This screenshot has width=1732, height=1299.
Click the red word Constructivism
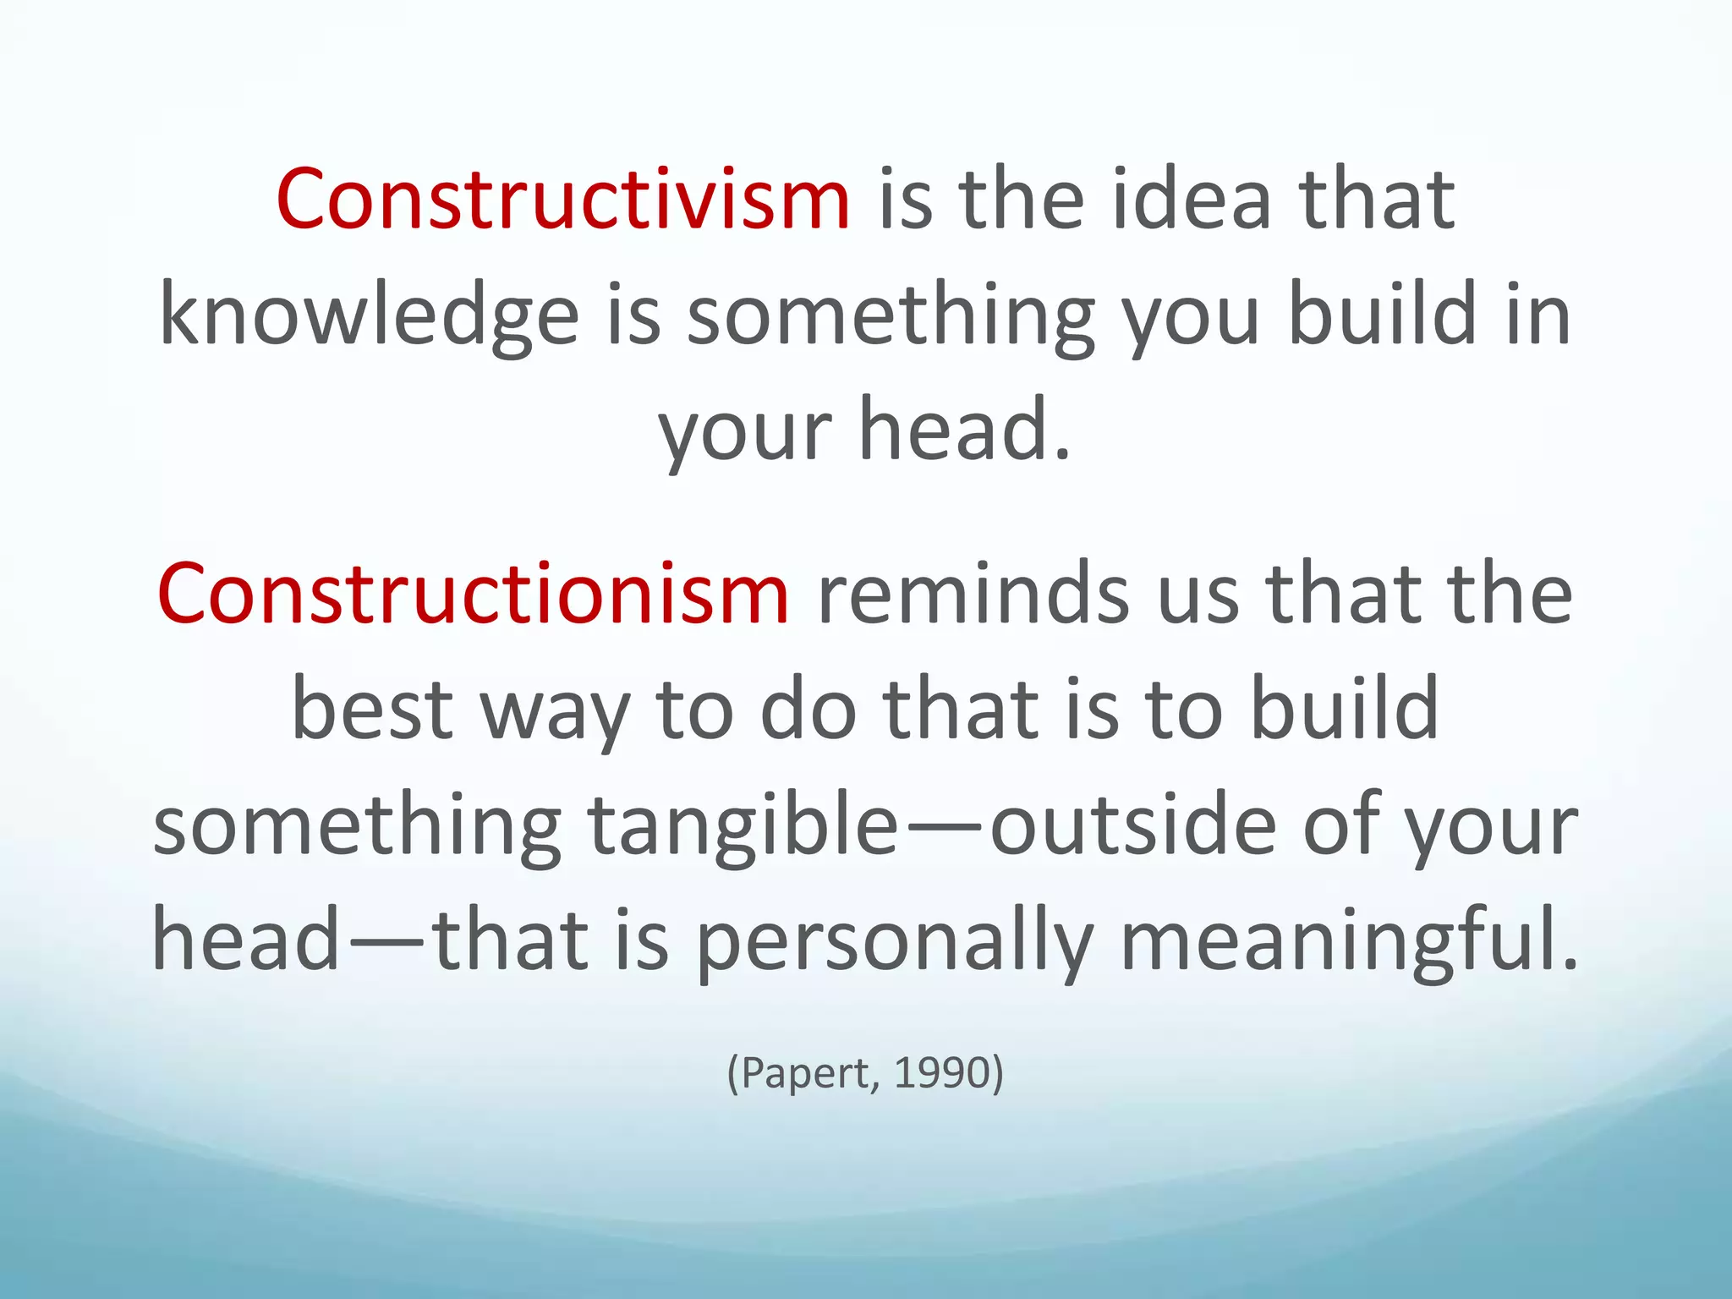tap(562, 200)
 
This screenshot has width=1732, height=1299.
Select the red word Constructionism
tap(473, 594)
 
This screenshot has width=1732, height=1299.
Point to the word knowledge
tap(369, 315)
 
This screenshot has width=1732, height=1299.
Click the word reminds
tap(973, 594)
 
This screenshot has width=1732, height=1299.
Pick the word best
tap(372, 709)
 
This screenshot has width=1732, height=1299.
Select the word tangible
tap(743, 825)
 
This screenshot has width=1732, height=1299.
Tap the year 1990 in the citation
tap(942, 1073)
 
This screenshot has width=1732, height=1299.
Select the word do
tap(808, 709)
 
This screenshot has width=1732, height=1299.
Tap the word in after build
tap(1539, 315)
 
